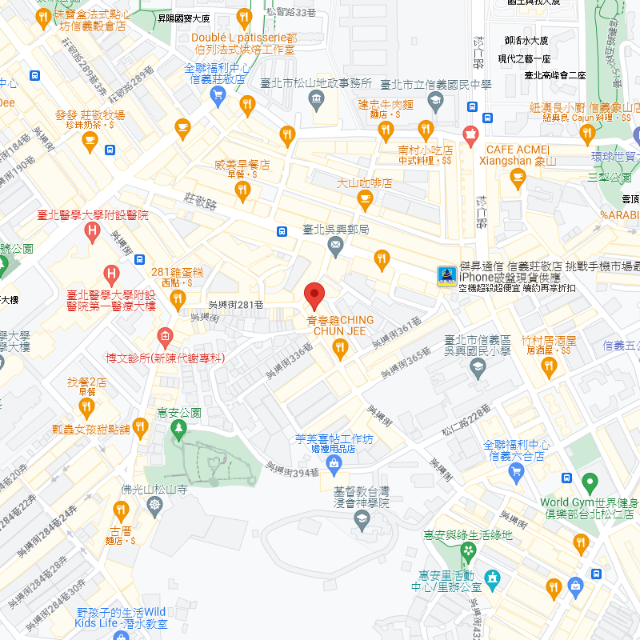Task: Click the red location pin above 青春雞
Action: (314, 295)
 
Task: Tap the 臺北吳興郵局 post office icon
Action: (336, 249)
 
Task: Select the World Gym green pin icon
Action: (590, 483)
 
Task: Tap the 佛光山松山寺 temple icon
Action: (154, 505)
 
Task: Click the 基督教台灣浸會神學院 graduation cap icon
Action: (362, 522)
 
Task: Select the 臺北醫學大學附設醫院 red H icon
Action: (92, 233)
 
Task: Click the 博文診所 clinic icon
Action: (166, 335)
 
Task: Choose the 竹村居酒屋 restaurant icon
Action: (548, 367)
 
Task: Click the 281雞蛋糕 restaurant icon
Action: (178, 299)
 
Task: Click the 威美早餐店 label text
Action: (242, 166)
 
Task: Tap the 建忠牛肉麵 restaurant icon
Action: (386, 130)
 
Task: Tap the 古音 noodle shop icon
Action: (121, 510)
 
